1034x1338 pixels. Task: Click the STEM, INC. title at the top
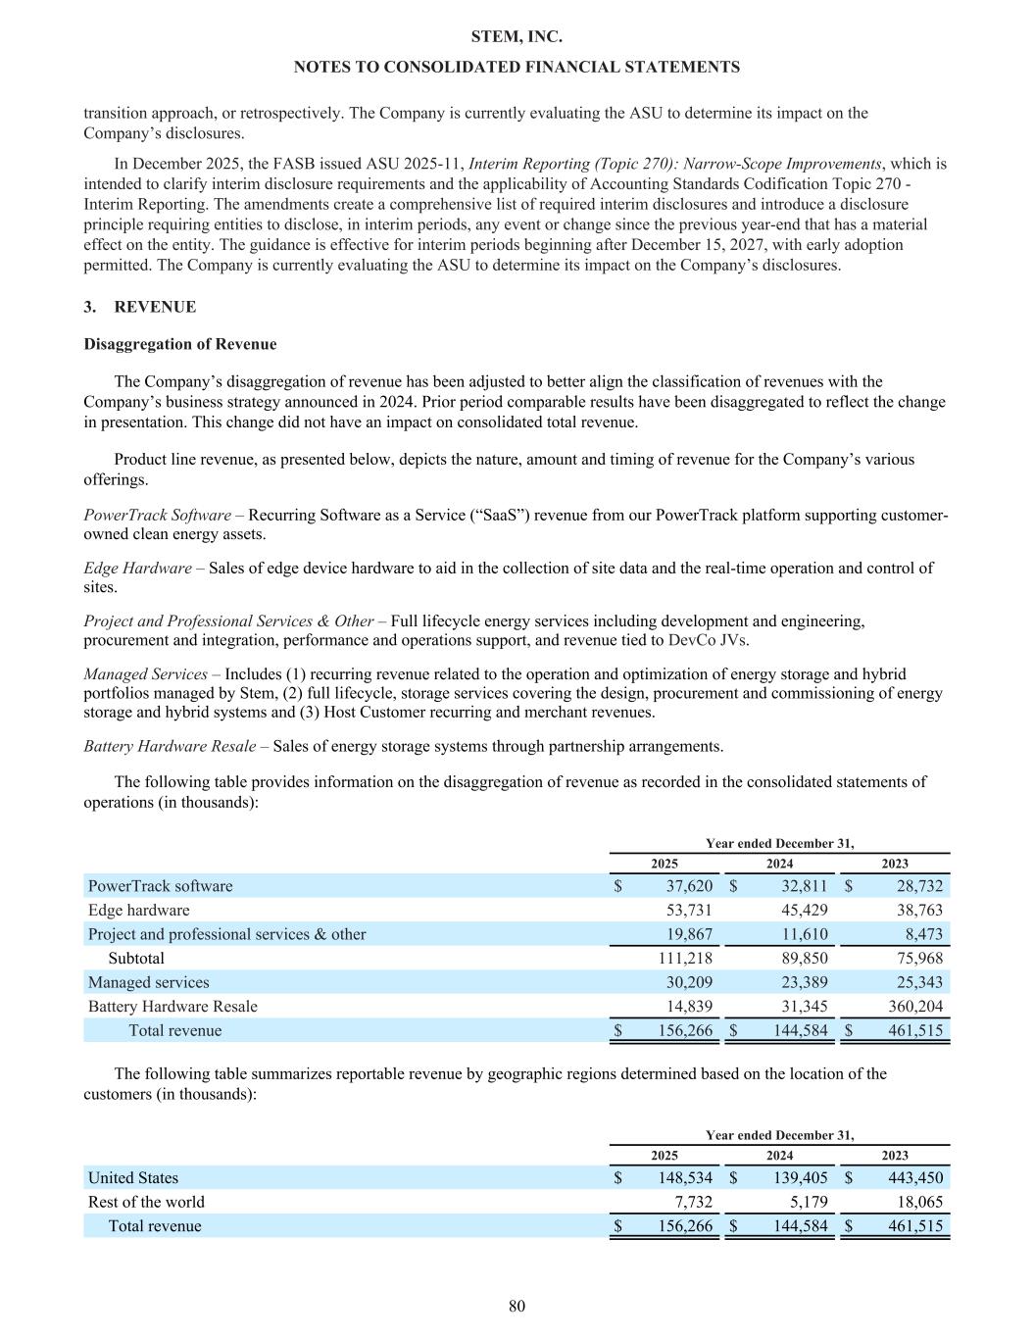[x=517, y=36]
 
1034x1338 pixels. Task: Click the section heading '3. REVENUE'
[x=140, y=307]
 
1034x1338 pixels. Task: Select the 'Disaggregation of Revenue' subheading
[x=180, y=344]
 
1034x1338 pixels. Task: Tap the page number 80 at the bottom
[x=517, y=1306]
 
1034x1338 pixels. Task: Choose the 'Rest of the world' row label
[x=146, y=1202]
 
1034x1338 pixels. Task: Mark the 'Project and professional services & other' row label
[x=226, y=934]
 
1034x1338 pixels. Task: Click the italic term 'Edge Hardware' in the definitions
[x=137, y=568]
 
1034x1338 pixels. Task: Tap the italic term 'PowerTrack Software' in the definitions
[x=156, y=515]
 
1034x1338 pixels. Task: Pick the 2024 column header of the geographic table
[x=779, y=1156]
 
